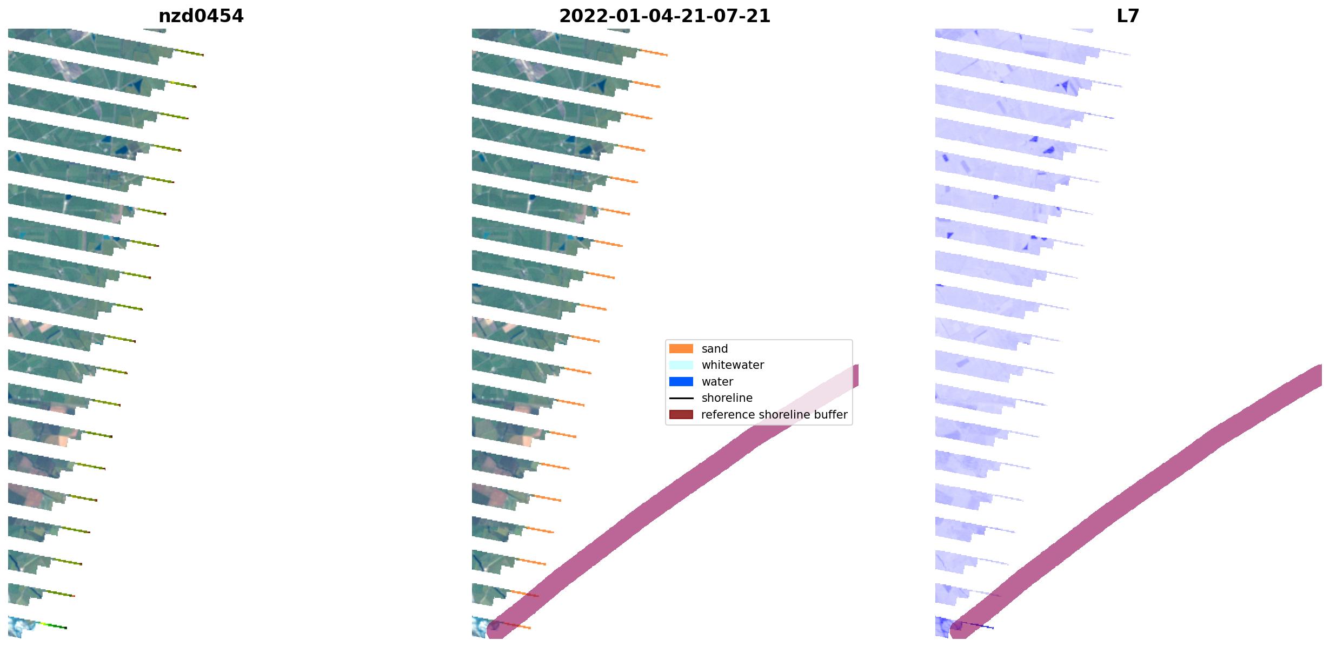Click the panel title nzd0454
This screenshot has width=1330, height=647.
click(201, 16)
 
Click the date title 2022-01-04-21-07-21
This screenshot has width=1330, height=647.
click(664, 16)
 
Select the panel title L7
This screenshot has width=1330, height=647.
click(1128, 16)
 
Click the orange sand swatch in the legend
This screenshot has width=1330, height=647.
click(681, 349)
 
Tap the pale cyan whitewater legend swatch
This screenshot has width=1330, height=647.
click(681, 365)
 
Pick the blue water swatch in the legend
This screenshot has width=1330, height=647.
click(681, 382)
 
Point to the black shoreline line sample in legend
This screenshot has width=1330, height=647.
click(681, 398)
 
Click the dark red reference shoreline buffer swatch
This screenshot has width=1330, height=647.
click(681, 415)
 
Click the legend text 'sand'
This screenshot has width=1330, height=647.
click(714, 349)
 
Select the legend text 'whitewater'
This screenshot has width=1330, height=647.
click(733, 365)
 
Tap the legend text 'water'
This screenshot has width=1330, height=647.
click(717, 382)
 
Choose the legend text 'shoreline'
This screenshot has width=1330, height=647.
click(727, 398)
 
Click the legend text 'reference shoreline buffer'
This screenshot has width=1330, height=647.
click(774, 415)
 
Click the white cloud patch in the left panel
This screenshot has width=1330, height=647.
click(21, 626)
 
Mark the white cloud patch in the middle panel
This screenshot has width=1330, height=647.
click(480, 626)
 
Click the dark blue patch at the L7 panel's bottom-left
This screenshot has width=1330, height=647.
click(943, 626)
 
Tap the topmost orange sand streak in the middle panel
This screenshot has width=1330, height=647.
click(653, 52)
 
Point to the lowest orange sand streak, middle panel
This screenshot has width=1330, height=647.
click(516, 625)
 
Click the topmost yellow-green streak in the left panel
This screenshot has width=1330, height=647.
click(188, 52)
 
